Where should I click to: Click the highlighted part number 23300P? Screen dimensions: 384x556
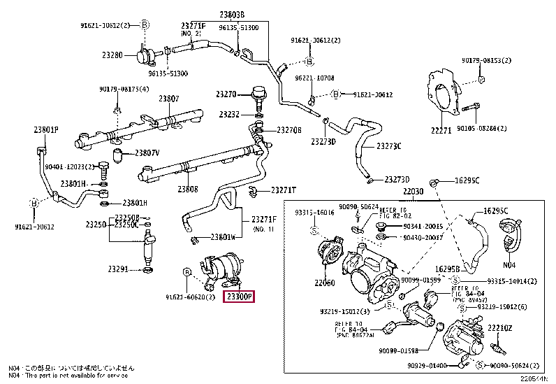click(x=239, y=297)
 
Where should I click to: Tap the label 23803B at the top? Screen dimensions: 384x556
click(x=232, y=14)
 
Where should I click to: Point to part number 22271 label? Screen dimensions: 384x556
click(x=441, y=130)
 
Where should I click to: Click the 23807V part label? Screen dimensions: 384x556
click(x=147, y=152)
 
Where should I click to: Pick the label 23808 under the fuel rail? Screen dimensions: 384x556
click(x=187, y=189)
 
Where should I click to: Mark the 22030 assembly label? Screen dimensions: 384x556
click(x=413, y=192)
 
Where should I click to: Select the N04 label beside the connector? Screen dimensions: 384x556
click(x=509, y=265)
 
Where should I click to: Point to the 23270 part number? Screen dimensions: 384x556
click(x=226, y=94)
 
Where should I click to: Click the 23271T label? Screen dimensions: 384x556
click(x=283, y=190)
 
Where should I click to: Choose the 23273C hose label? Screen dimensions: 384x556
click(x=388, y=146)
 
